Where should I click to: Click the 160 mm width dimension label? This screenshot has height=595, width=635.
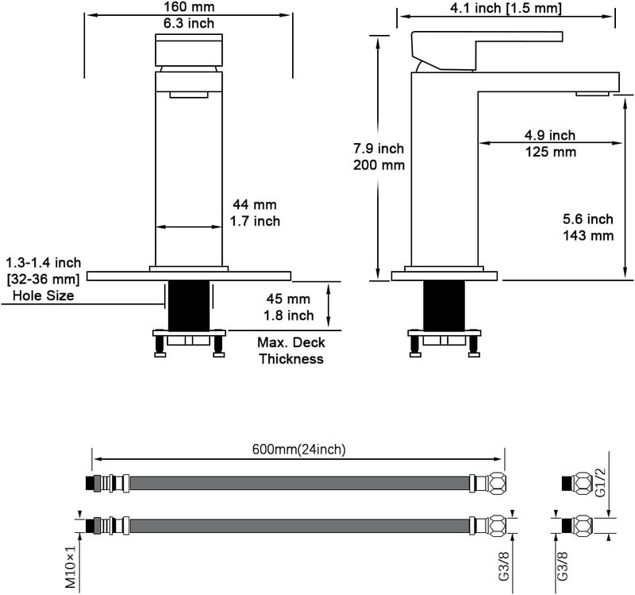point(189,7)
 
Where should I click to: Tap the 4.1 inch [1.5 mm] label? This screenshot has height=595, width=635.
point(506,8)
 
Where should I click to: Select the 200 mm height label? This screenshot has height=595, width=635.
point(379,165)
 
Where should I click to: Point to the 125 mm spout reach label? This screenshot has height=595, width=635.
point(550,152)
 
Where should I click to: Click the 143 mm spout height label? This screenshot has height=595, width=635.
point(588,235)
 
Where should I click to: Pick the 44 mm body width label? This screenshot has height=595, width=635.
point(255,204)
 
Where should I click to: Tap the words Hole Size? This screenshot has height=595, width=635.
point(44,295)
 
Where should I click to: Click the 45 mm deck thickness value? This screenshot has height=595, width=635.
point(288,299)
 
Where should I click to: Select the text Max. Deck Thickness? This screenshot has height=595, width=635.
point(291,350)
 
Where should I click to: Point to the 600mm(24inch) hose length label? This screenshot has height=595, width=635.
point(299,450)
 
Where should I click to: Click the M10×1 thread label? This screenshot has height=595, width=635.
point(71,566)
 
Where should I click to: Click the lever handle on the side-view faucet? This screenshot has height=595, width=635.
point(486,49)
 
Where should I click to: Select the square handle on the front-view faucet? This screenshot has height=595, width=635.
point(189,50)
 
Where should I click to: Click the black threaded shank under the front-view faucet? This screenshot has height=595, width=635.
point(189,306)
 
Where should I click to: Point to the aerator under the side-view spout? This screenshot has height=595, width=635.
point(592,94)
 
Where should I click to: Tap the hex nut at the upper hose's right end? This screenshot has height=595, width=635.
point(498,484)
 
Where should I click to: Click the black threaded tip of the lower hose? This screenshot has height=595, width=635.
point(90,526)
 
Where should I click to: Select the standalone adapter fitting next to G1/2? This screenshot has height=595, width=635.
point(577,483)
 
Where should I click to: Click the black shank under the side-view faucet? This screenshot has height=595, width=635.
point(444,306)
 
